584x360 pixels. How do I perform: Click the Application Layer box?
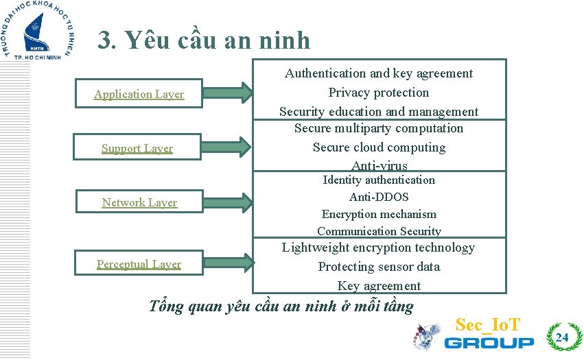coord(139,94)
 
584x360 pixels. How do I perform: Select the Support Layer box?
coord(137,148)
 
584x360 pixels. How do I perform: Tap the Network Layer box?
coord(139,202)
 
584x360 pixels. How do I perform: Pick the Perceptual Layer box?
coord(139,264)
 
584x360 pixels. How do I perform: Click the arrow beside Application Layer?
coord(229,92)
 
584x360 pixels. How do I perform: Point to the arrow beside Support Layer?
coord(229,145)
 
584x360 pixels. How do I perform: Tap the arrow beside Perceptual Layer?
coord(229,263)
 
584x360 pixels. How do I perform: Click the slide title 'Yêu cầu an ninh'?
coord(204,40)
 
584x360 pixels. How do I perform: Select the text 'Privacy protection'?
coord(379,93)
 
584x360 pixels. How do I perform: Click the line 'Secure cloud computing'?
coord(379,147)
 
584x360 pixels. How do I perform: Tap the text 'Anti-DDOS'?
coord(379,197)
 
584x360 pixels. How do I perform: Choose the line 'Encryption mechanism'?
coord(379,214)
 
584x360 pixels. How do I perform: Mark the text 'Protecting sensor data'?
coord(379,267)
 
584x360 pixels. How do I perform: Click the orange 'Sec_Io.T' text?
coord(488,324)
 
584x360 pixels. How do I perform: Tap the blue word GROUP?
coord(489,342)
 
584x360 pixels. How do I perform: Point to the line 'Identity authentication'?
coord(379,180)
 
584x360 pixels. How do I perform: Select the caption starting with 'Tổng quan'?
coord(281,306)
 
